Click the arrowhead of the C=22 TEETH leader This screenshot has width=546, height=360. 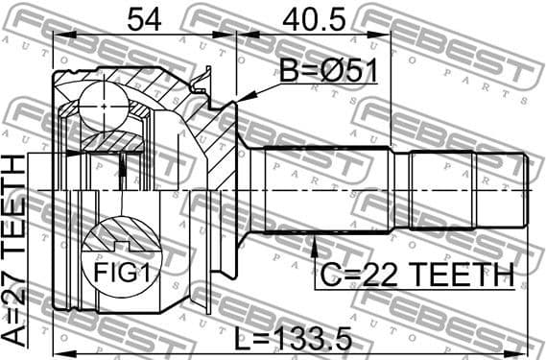point(315,239)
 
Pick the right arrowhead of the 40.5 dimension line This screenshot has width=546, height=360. point(388,35)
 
